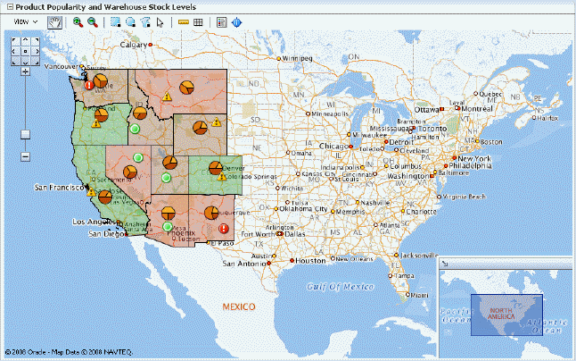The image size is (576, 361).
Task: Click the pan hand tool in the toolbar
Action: [55, 21]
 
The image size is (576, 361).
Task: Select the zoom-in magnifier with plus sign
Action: [78, 21]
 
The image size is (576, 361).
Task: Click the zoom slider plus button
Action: [25, 72]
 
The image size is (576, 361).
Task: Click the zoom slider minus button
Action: [25, 157]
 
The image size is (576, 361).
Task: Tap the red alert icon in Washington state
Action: [88, 85]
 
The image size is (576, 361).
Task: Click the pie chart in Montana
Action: [187, 88]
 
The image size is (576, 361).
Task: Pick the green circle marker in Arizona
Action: [168, 227]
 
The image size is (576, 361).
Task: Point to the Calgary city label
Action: [135, 44]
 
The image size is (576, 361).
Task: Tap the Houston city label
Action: [311, 261]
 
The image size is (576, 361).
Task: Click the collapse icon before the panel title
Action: [6, 6]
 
